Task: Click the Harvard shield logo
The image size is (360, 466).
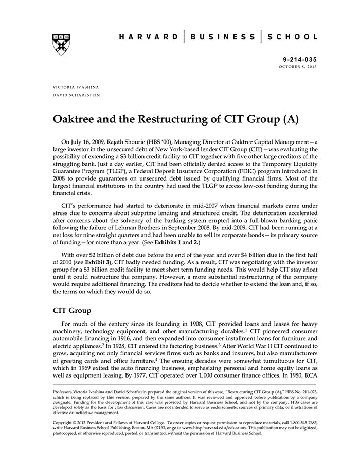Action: coord(62,44)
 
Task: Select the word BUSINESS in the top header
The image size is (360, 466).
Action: coord(223,37)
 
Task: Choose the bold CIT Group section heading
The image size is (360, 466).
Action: coord(72,310)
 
